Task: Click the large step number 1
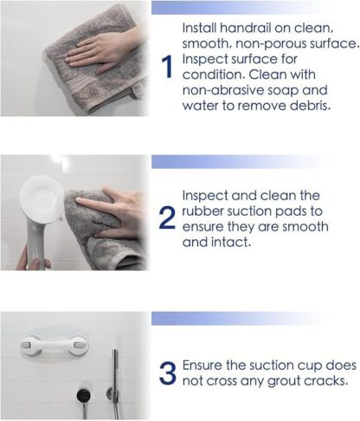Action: pos(167,67)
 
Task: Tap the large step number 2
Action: pos(167,217)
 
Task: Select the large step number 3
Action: pos(167,373)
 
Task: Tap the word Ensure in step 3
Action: pos(202,366)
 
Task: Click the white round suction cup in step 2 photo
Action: pos(42,198)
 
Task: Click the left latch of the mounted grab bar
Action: pos(27,345)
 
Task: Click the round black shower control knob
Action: pos(84,395)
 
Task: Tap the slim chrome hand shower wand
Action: pos(115,384)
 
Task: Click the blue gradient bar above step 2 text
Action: pos(240,162)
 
